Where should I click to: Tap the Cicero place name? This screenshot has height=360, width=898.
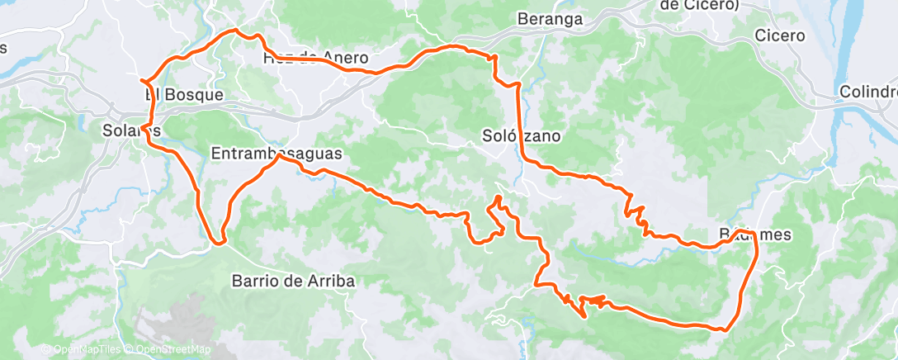point(779,36)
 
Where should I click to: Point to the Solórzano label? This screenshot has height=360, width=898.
point(522,136)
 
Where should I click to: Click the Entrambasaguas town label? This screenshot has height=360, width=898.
point(276,154)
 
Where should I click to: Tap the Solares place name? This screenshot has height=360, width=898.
point(128,130)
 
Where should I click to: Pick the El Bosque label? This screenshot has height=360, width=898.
point(185,95)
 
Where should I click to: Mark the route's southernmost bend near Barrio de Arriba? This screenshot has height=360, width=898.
point(219,242)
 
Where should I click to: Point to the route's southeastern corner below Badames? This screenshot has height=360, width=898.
point(725,329)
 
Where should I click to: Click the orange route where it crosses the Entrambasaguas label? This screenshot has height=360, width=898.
point(277,159)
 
